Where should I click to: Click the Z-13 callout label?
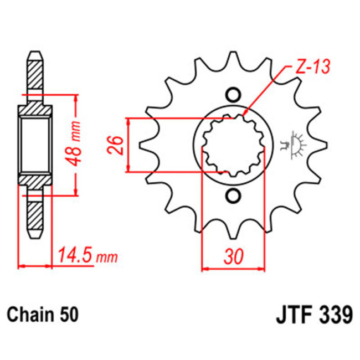click(x=310, y=67)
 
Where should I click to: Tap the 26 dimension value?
click(x=115, y=146)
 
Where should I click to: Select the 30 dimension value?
click(x=233, y=256)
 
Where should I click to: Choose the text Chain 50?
click(x=43, y=315)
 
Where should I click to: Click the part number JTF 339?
click(x=312, y=315)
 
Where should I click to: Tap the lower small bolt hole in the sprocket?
click(x=233, y=195)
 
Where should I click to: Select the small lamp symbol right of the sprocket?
click(x=296, y=145)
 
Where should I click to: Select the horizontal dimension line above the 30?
click(x=233, y=269)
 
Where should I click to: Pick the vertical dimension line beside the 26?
click(x=128, y=145)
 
